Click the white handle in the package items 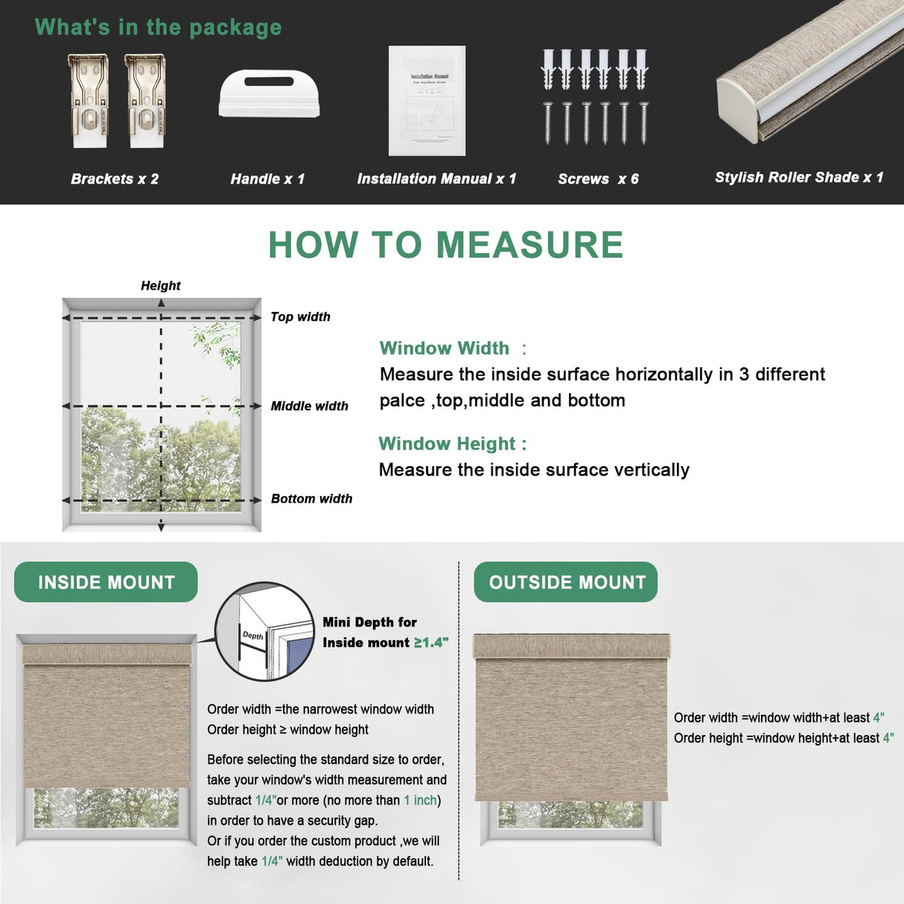tap(269, 94)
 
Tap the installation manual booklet tap(427, 101)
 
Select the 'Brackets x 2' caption tap(115, 179)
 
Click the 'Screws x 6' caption tap(598, 179)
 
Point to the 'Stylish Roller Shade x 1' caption tap(798, 177)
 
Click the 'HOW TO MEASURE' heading tap(445, 245)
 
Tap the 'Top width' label tap(300, 316)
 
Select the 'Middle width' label tap(309, 406)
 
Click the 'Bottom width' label tap(311, 498)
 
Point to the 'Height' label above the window tap(161, 285)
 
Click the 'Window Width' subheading tap(445, 348)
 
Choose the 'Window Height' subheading tap(447, 444)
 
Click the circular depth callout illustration tap(264, 631)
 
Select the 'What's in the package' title tap(158, 28)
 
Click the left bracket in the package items tap(88, 101)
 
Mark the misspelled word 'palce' tap(401, 401)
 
